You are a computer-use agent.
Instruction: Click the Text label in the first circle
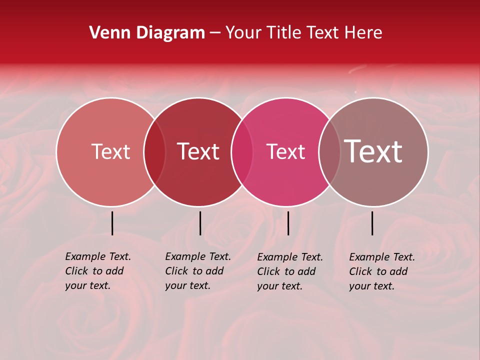pyautogui.click(x=110, y=151)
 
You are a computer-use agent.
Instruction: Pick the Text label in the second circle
pyautogui.click(x=198, y=151)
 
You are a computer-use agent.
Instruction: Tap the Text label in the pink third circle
pyautogui.click(x=285, y=151)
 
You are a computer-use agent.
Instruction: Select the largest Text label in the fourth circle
pyautogui.click(x=373, y=151)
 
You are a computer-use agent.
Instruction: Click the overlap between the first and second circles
pyautogui.click(x=154, y=151)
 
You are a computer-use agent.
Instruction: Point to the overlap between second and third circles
pyautogui.click(x=242, y=151)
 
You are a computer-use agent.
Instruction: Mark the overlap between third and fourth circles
pyautogui.click(x=329, y=151)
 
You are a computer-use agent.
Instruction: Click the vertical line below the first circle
pyautogui.click(x=112, y=223)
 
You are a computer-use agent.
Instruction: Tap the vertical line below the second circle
pyautogui.click(x=200, y=223)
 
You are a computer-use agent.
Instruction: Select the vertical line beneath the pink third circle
pyautogui.click(x=288, y=223)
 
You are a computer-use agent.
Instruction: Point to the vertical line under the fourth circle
pyautogui.click(x=372, y=223)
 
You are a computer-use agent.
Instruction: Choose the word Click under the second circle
pyautogui.click(x=176, y=271)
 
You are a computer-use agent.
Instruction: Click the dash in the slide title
pyautogui.click(x=215, y=33)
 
